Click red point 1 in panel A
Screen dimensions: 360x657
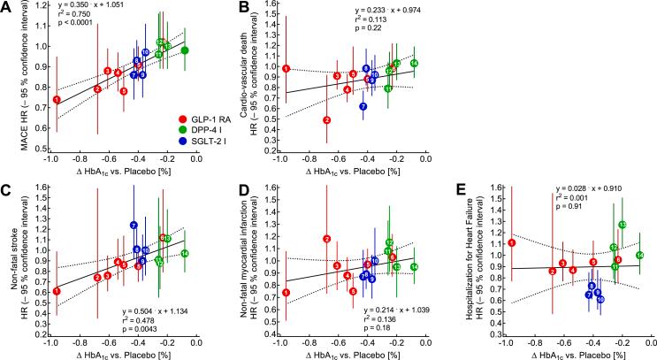[x=57, y=100]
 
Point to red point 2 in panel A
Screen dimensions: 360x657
[x=97, y=88]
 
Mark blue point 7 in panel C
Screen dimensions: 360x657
[x=134, y=226]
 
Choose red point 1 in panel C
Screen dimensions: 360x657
[x=57, y=291]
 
